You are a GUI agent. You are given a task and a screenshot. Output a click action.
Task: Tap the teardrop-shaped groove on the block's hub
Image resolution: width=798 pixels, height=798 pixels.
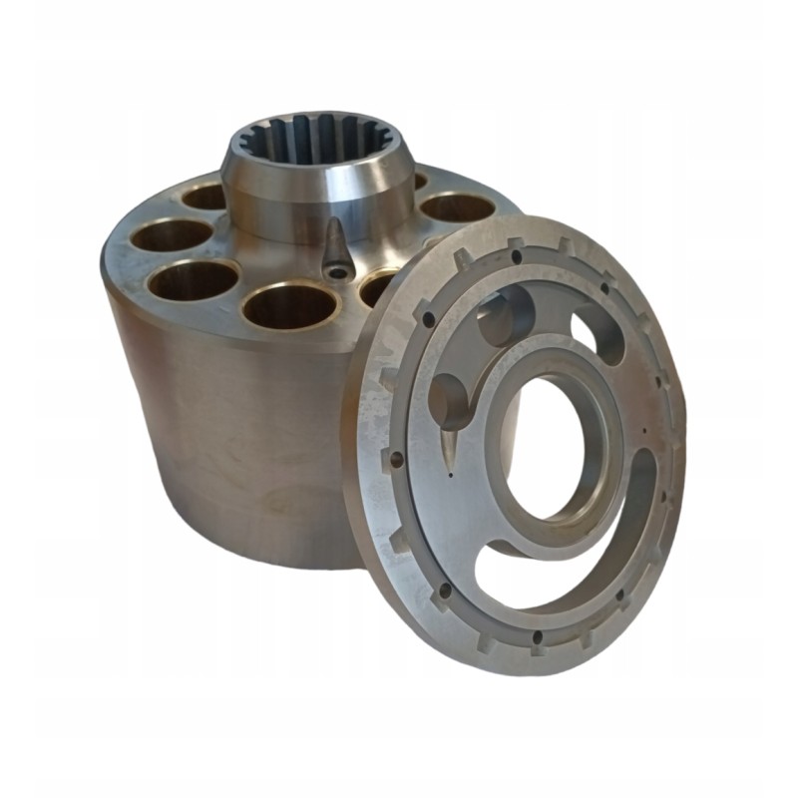coord(335,242)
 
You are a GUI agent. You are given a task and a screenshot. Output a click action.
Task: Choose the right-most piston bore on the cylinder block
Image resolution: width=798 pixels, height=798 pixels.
coord(458,206)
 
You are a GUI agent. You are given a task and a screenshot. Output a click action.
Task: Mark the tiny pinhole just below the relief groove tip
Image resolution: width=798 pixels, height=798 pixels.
coord(451,476)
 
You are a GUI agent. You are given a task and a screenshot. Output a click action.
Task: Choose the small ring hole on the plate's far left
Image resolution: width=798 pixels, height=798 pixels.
coord(397,460)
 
